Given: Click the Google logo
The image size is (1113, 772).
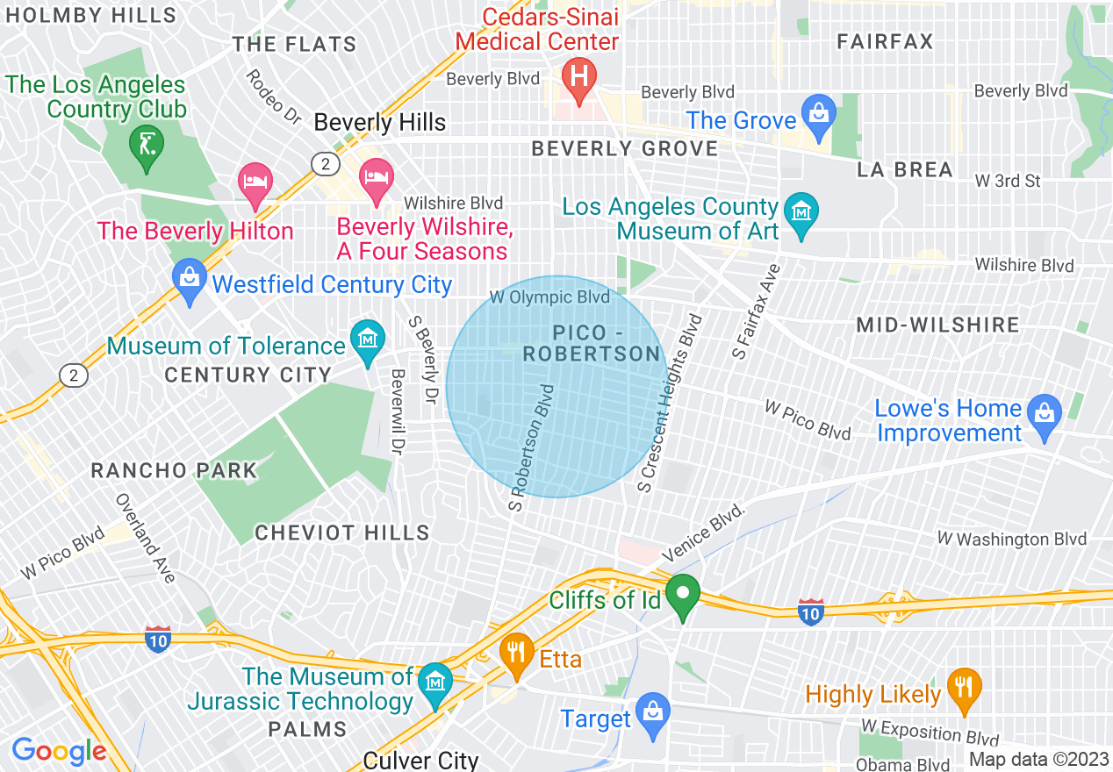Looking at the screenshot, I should (60, 751).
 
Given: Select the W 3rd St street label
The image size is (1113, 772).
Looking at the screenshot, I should (1008, 182).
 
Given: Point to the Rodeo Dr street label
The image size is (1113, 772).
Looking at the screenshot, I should (273, 96).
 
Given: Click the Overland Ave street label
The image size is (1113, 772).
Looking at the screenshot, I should (146, 538).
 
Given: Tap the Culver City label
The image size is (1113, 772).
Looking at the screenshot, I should (421, 760).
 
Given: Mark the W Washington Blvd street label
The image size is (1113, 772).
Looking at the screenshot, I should (1011, 539).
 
